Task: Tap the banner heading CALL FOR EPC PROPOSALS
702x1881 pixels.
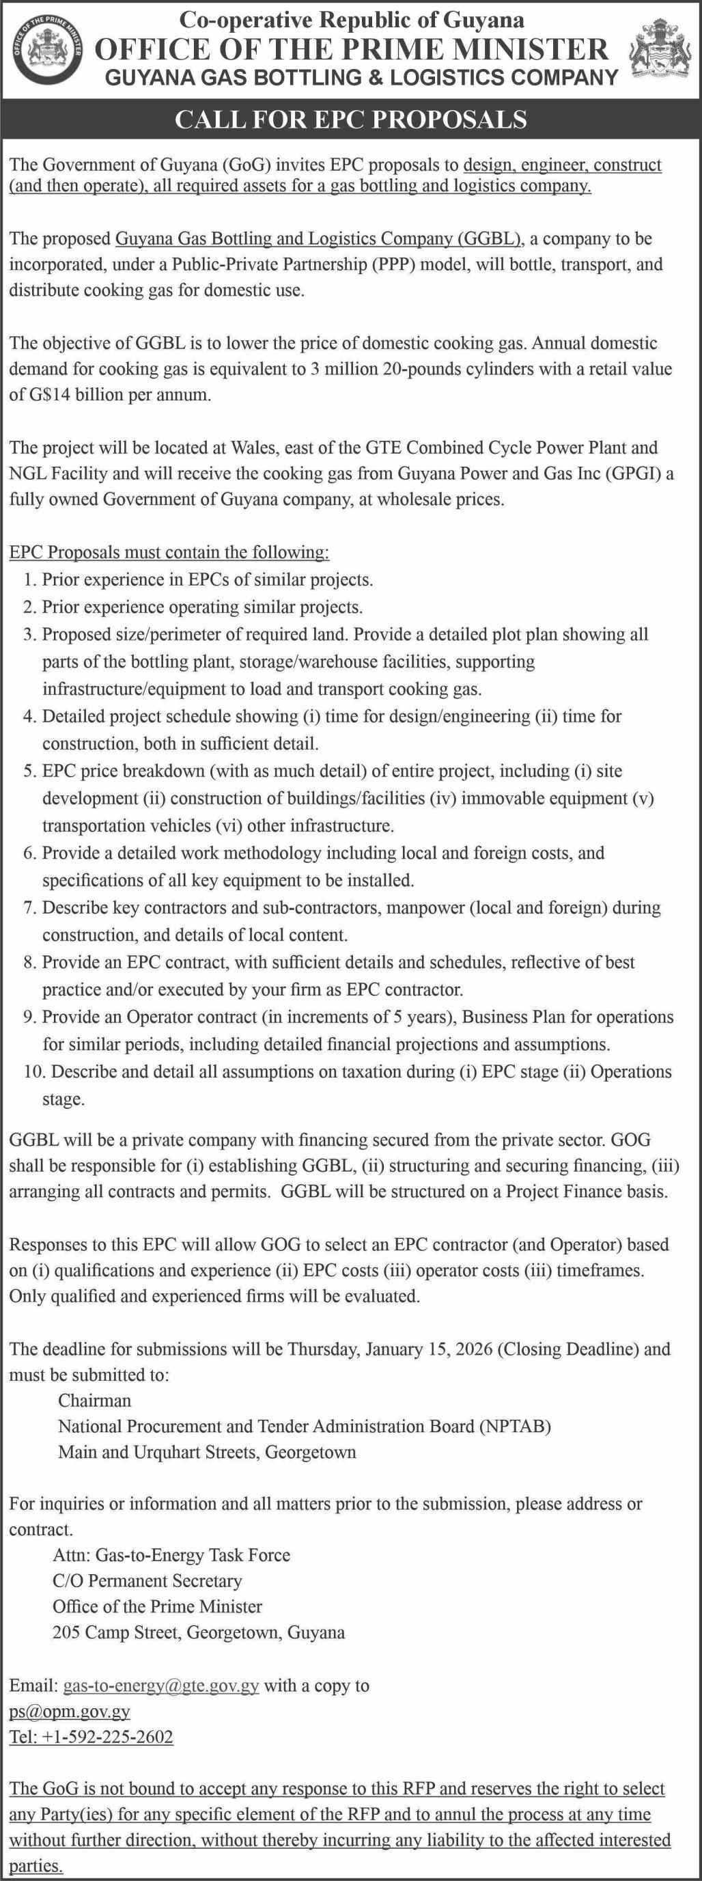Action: click(x=351, y=119)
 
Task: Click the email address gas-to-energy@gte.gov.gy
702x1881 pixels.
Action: click(x=161, y=1686)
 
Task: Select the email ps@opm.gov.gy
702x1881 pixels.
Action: click(x=70, y=1712)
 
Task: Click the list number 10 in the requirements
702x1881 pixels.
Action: click(x=34, y=1072)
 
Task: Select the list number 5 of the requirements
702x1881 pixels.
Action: click(x=29, y=771)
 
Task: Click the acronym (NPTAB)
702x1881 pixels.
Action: click(x=515, y=1426)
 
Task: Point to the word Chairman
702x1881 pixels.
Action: click(x=95, y=1401)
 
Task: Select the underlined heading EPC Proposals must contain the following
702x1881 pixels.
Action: click(x=169, y=552)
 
